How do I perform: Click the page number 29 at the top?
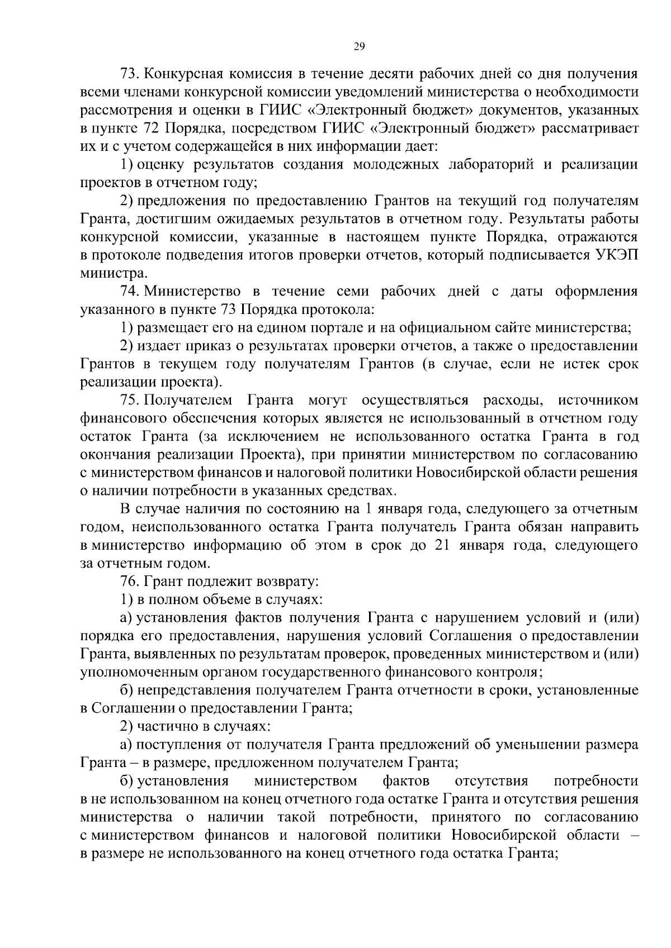(359, 47)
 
